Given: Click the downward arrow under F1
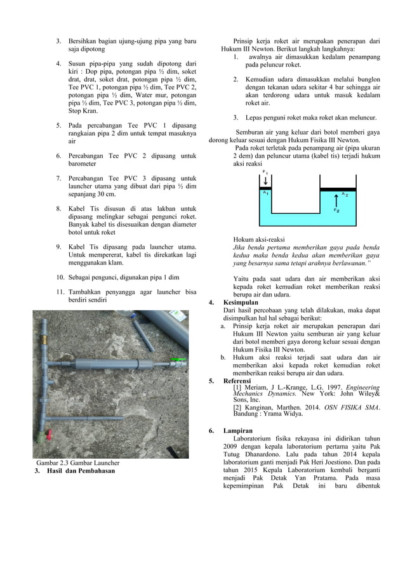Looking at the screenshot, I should click(265, 180).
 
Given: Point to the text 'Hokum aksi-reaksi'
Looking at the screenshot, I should click(260, 239).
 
